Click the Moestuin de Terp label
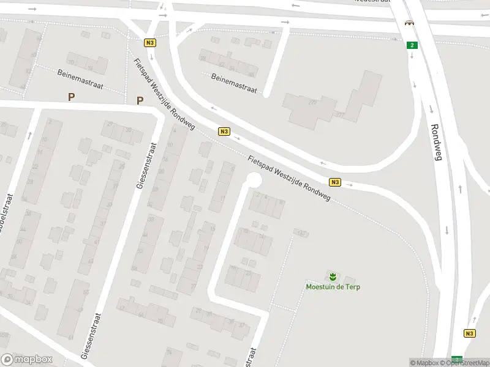(332, 286)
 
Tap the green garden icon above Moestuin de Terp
(332, 276)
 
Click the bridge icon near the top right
(409, 23)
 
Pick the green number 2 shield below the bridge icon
(412, 45)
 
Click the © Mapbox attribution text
(427, 363)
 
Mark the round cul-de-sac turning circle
(253, 180)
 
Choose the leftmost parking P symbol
(72, 96)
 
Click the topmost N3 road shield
(150, 43)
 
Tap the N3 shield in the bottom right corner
(469, 333)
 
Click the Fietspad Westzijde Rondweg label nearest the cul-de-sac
(289, 179)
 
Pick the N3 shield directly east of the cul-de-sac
(334, 182)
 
